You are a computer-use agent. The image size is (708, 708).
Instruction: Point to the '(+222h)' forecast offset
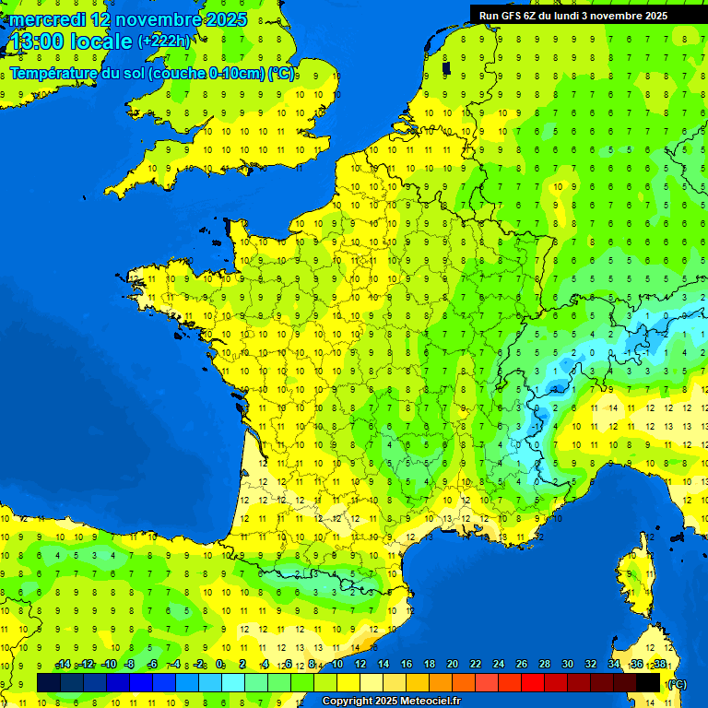coord(163,41)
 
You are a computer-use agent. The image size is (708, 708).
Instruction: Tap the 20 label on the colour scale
coord(453,665)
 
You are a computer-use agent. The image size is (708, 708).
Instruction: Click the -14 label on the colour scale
coord(63,665)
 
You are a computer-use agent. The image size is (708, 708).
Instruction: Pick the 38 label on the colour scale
coord(660,665)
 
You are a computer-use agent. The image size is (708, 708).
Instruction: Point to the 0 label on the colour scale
coord(220,665)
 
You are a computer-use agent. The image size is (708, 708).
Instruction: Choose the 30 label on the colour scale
coord(568,665)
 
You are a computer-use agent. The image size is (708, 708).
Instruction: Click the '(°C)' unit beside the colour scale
coord(678,683)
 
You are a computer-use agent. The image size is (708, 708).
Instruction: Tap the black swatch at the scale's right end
coord(648,682)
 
